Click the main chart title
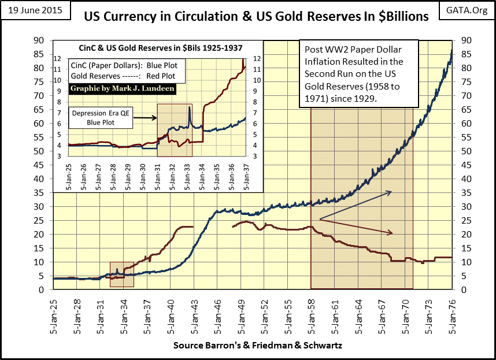click(257, 16)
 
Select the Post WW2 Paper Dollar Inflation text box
click(358, 73)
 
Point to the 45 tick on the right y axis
click(463, 165)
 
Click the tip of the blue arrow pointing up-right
click(392, 191)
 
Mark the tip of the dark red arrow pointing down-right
click(393, 233)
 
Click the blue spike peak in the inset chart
click(189, 107)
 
